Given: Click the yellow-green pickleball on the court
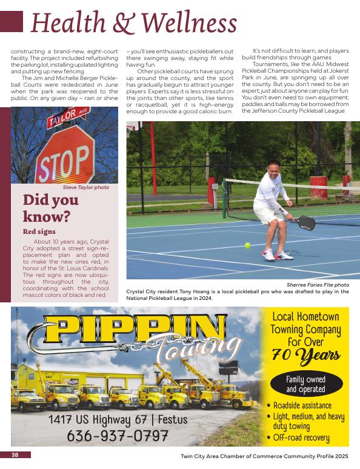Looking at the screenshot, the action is [247, 245].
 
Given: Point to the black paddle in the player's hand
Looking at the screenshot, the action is [305, 222].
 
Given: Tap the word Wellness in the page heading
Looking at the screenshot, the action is [191, 22].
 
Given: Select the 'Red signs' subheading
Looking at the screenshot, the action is [39, 231].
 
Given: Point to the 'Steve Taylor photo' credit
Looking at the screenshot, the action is [86, 187].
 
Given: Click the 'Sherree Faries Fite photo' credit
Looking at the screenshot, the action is [318, 285].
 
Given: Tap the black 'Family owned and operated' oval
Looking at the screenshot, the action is [305, 384].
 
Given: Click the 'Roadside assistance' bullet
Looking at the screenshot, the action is [302, 405].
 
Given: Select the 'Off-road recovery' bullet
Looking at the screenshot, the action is [301, 437].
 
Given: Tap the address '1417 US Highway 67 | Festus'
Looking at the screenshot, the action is [118, 419].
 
